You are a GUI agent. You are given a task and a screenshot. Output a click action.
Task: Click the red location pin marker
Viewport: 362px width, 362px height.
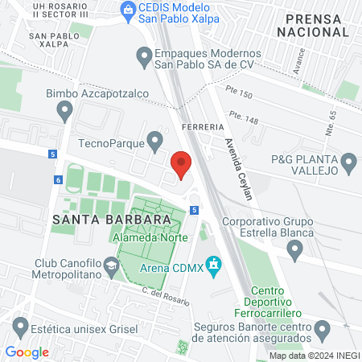(x=181, y=164)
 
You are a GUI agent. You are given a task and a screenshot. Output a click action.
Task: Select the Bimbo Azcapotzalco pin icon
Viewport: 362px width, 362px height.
(x=65, y=113)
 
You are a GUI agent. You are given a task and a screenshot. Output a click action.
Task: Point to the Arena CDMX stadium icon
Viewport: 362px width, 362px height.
(x=213, y=264)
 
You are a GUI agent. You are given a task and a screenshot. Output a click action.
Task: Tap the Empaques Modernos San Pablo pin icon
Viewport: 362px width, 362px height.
(x=145, y=56)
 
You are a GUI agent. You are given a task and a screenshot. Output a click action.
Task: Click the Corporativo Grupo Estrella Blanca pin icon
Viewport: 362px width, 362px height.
(x=294, y=252)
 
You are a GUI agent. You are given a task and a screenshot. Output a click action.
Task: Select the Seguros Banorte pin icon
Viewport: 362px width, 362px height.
(x=323, y=329)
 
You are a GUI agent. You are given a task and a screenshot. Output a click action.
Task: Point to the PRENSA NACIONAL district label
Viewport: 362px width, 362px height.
(x=311, y=25)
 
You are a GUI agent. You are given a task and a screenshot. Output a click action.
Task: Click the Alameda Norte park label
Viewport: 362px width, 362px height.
(x=150, y=238)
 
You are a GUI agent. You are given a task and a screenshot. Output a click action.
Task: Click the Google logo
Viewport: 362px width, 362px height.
(x=27, y=352)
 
